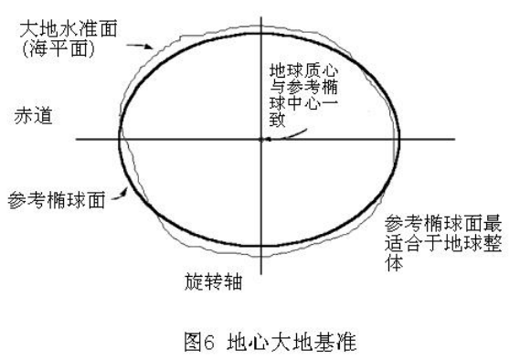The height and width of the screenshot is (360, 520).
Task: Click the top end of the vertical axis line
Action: (262, 16)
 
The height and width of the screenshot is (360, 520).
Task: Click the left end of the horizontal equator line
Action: (77, 139)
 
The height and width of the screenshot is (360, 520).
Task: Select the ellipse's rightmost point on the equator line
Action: (400, 139)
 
